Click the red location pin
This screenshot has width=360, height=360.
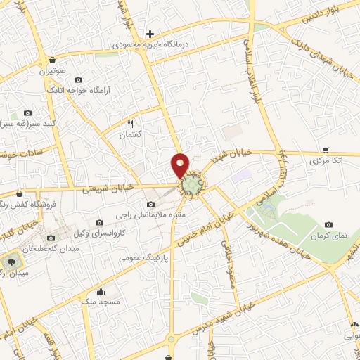(181, 165)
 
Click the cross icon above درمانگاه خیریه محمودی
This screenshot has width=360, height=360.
(149, 33)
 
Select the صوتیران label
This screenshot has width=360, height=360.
(52, 70)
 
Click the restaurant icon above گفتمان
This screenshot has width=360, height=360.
(130, 124)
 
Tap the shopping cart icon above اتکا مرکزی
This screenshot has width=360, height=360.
(326, 150)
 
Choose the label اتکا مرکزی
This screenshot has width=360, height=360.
(328, 161)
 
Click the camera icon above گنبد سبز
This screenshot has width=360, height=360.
(27, 113)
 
